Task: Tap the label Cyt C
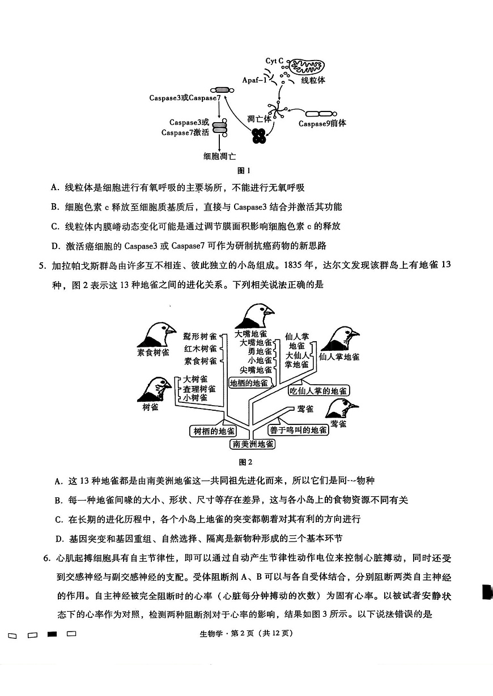(274, 61)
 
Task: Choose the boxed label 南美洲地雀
(253, 444)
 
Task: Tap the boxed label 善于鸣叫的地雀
(299, 430)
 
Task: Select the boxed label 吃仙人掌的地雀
(318, 390)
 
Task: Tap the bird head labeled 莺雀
(341, 409)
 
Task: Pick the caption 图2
(246, 462)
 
